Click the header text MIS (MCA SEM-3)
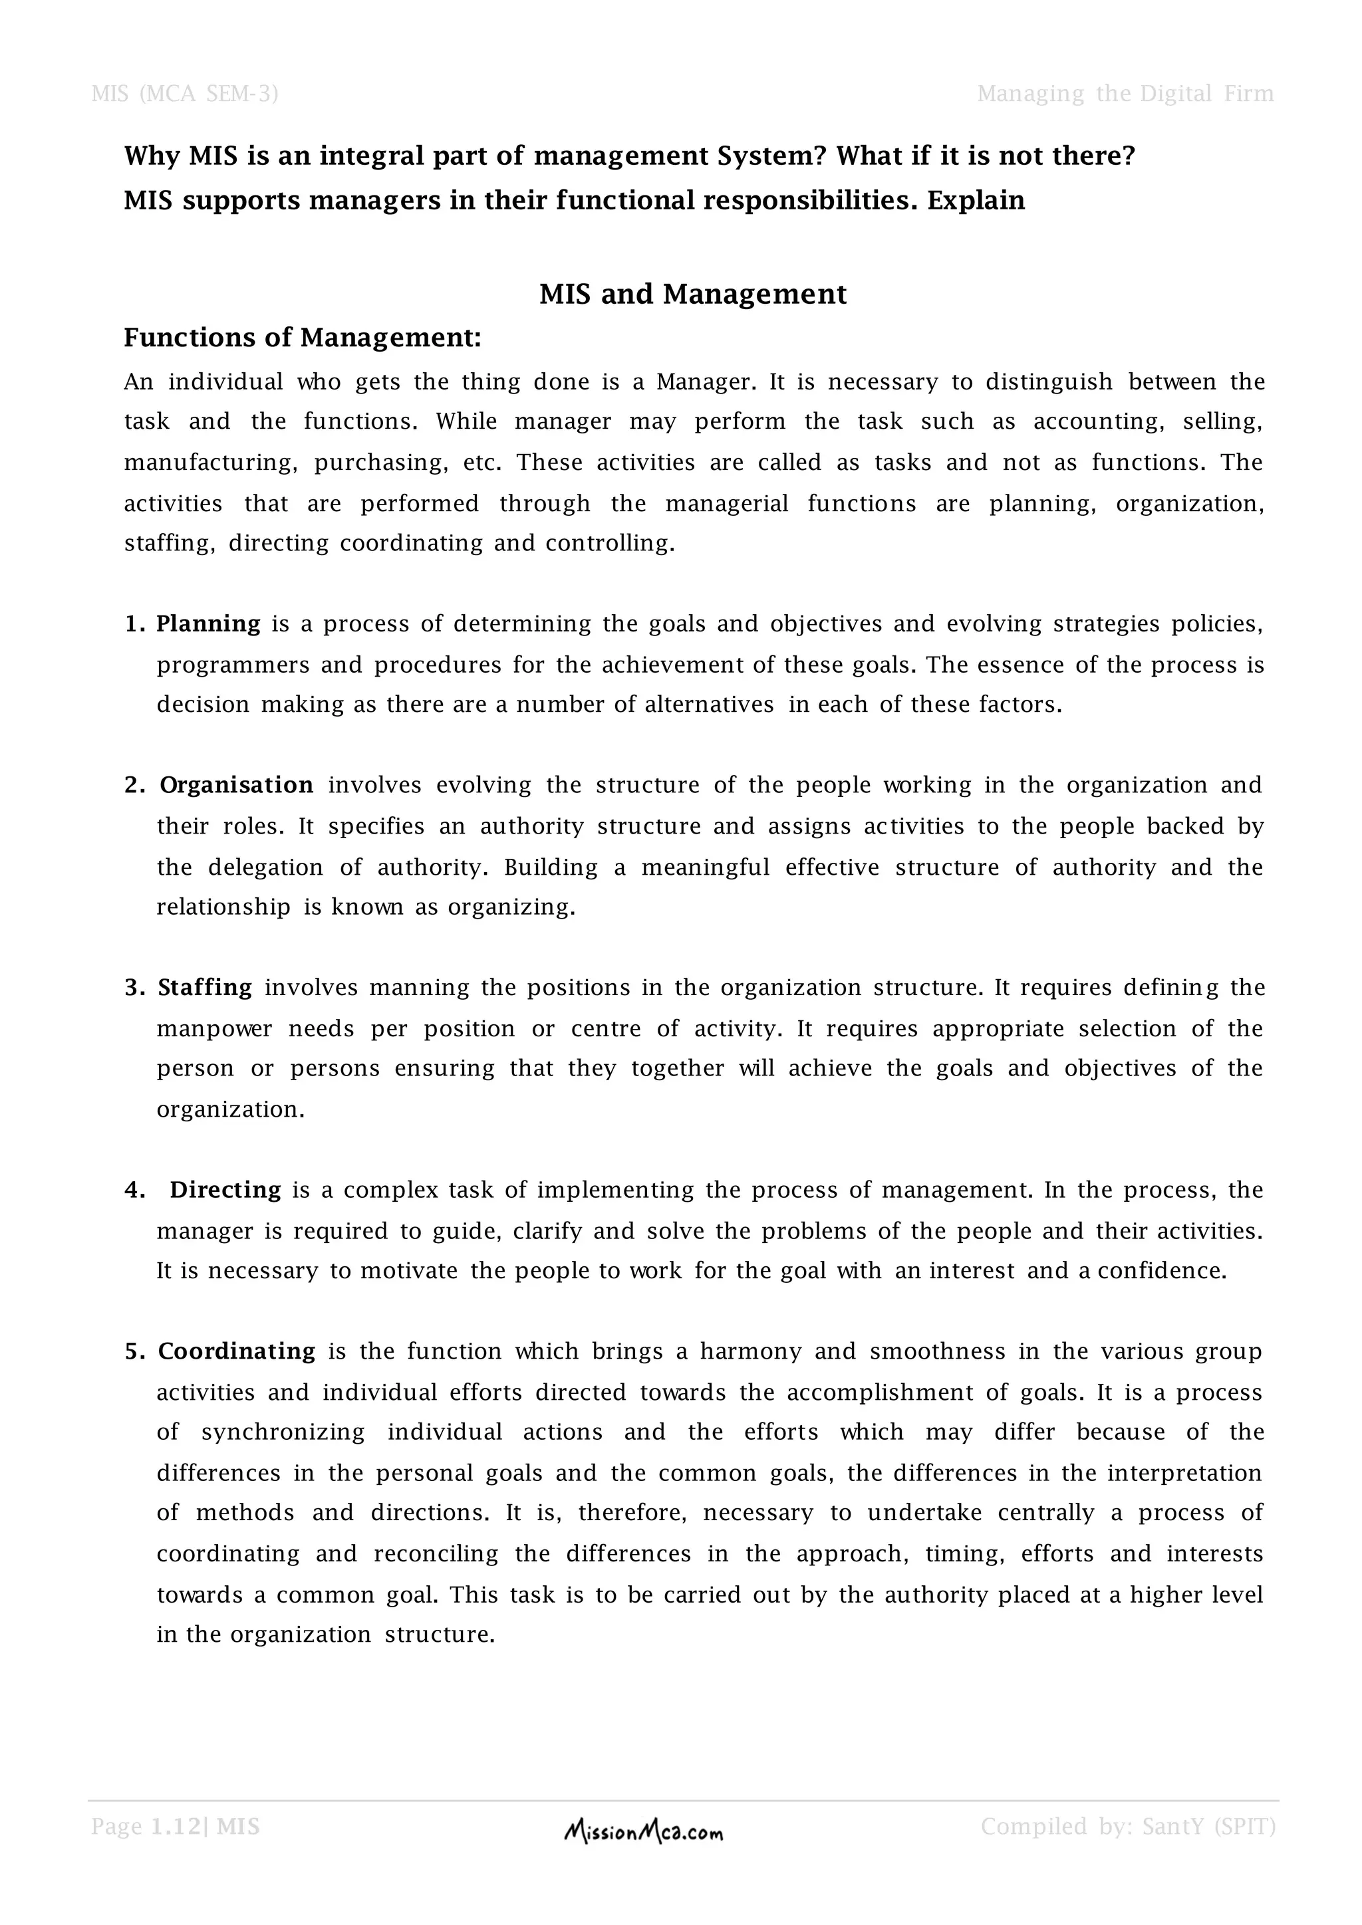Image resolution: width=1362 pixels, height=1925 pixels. [184, 93]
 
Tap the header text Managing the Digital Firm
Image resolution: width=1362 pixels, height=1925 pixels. [1125, 93]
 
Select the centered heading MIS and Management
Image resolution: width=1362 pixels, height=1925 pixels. [693, 294]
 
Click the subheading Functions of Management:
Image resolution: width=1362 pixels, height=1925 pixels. [303, 338]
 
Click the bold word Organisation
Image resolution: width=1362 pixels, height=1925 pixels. [237, 786]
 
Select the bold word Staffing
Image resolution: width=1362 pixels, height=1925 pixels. [205, 988]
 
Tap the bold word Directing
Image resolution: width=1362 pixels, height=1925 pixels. [225, 1190]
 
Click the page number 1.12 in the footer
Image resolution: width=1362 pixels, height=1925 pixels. [177, 1826]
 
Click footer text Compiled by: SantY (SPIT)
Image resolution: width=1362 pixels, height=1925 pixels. [1128, 1826]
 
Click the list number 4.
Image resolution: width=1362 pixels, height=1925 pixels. [135, 1190]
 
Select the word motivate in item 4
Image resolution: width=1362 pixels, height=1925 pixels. [408, 1271]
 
